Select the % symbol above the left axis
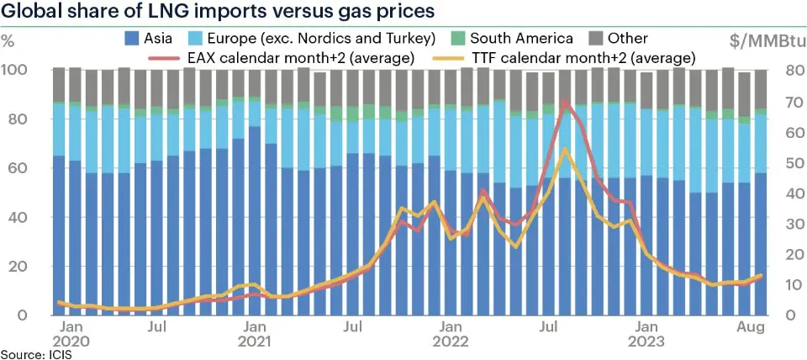click(9, 40)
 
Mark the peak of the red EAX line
click(566, 102)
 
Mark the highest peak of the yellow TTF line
click(566, 150)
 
